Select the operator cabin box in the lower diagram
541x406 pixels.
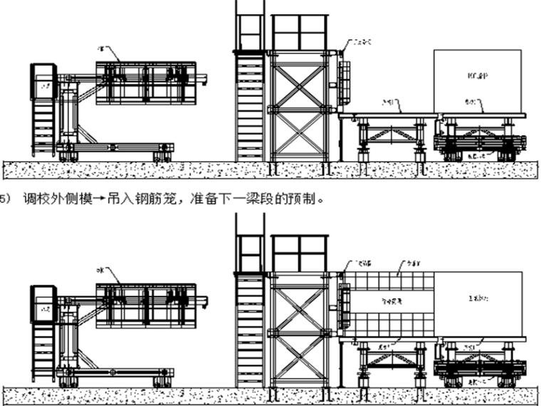coord(43,302)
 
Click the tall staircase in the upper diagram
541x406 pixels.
coord(250,107)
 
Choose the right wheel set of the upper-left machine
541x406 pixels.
coord(163,151)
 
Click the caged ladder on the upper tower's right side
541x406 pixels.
coord(345,82)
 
